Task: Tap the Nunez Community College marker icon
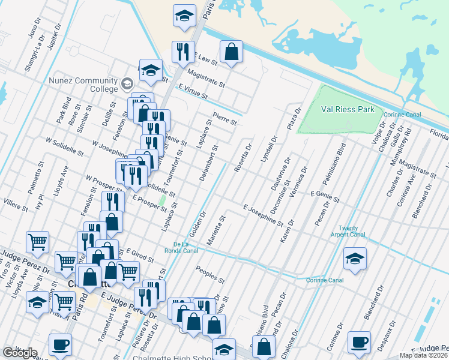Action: [127, 83]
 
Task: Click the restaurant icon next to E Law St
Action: [182, 52]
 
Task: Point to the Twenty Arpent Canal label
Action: [348, 232]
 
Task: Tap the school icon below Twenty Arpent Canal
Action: [355, 259]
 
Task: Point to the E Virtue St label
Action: [193, 91]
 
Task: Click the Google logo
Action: [20, 352]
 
